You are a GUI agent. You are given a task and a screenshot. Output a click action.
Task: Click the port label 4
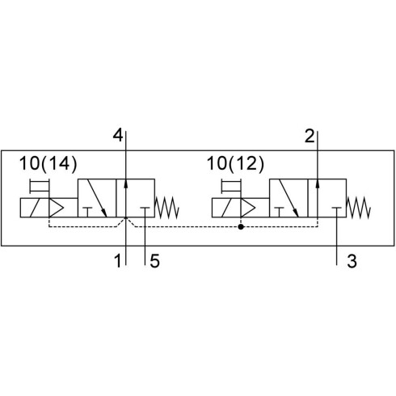point(118,136)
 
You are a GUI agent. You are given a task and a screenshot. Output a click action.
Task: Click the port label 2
point(310,136)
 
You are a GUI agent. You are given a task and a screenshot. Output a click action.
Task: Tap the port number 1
point(118,261)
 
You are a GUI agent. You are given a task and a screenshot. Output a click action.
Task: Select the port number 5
point(155,261)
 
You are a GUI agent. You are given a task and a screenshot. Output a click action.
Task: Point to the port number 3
point(352,261)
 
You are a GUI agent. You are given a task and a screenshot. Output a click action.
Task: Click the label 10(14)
point(48,163)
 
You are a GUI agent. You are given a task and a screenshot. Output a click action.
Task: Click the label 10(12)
point(236,163)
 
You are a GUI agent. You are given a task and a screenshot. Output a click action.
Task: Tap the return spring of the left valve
point(167,207)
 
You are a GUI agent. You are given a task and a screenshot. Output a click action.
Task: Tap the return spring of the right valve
point(359,207)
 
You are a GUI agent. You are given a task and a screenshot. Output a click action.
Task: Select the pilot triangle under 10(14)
point(56,208)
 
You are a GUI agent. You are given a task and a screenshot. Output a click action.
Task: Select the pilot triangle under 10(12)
point(247,208)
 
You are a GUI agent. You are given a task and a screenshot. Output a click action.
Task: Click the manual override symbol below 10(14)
point(40,186)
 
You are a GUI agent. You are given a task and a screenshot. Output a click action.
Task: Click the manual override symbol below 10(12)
point(231,186)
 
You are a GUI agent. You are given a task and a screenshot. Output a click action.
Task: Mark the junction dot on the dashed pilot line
point(241,226)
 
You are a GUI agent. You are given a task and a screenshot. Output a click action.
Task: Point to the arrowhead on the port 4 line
point(126,183)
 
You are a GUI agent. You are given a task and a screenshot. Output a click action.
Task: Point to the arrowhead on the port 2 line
point(318,183)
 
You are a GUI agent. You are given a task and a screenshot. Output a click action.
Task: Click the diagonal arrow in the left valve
point(97,198)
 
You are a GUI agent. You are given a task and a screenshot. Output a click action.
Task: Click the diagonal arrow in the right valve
point(289,198)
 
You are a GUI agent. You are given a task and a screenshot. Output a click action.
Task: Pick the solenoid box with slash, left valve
point(35,208)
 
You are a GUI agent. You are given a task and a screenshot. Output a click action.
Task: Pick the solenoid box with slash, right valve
point(226,208)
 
